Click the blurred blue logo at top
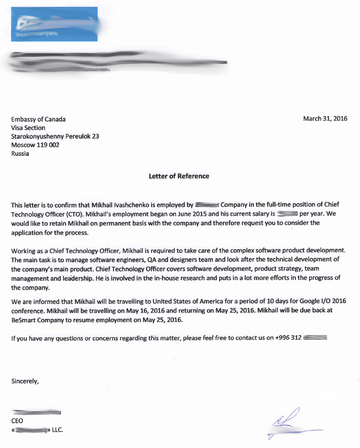[x=54, y=24]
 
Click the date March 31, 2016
[x=325, y=118]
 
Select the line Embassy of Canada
[x=38, y=119]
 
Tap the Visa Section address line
[x=28, y=128]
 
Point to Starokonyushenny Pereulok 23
[x=55, y=136]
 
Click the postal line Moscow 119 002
[x=35, y=145]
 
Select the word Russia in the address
[x=20, y=153]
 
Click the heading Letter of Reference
[x=179, y=176]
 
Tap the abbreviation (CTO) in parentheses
[x=74, y=214]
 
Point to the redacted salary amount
[x=287, y=214]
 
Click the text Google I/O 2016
[x=322, y=301]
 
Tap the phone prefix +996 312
[x=289, y=338]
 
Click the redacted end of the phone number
[x=316, y=338]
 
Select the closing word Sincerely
[x=25, y=381]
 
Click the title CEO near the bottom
[x=17, y=421]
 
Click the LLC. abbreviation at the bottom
[x=57, y=430]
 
